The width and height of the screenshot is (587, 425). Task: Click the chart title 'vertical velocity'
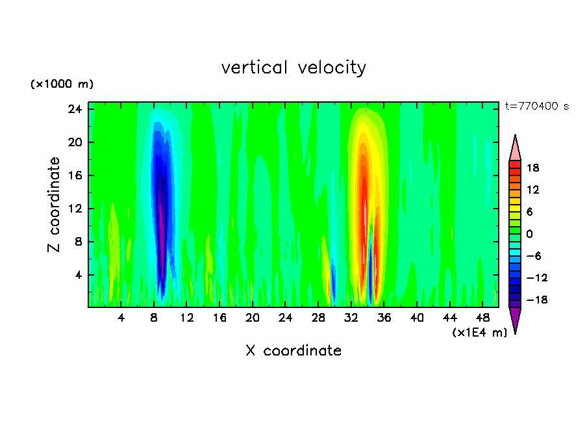[293, 68]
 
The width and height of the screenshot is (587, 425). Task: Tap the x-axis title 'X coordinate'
[293, 351]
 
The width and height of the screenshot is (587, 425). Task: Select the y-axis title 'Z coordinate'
[55, 205]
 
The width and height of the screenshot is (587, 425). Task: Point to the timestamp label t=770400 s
[536, 106]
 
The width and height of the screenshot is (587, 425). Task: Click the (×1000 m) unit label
[62, 84]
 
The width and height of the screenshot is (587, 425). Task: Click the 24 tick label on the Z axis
[75, 109]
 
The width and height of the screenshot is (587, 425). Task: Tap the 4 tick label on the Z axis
[79, 275]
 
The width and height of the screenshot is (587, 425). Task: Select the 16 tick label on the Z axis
[75, 175]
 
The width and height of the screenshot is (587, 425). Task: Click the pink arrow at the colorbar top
[515, 148]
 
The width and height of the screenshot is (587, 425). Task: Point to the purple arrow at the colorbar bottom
[515, 320]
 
